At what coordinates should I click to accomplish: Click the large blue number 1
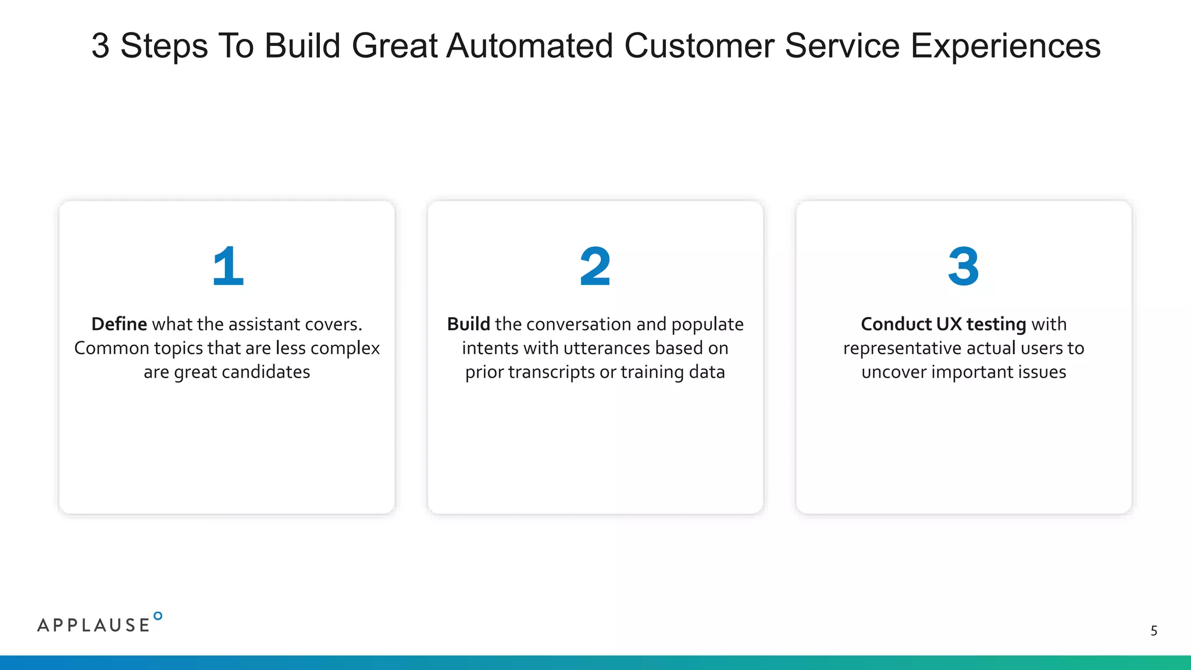coord(228,266)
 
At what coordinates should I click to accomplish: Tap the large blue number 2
coord(595,266)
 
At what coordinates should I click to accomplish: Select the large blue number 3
coord(964,266)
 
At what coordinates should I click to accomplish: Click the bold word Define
coord(119,324)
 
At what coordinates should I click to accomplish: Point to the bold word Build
coord(468,324)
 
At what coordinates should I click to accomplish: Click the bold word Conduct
coord(896,324)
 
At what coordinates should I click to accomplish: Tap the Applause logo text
coord(94,625)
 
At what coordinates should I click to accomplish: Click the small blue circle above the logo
coord(158,616)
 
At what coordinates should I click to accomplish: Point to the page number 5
coord(1154,630)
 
